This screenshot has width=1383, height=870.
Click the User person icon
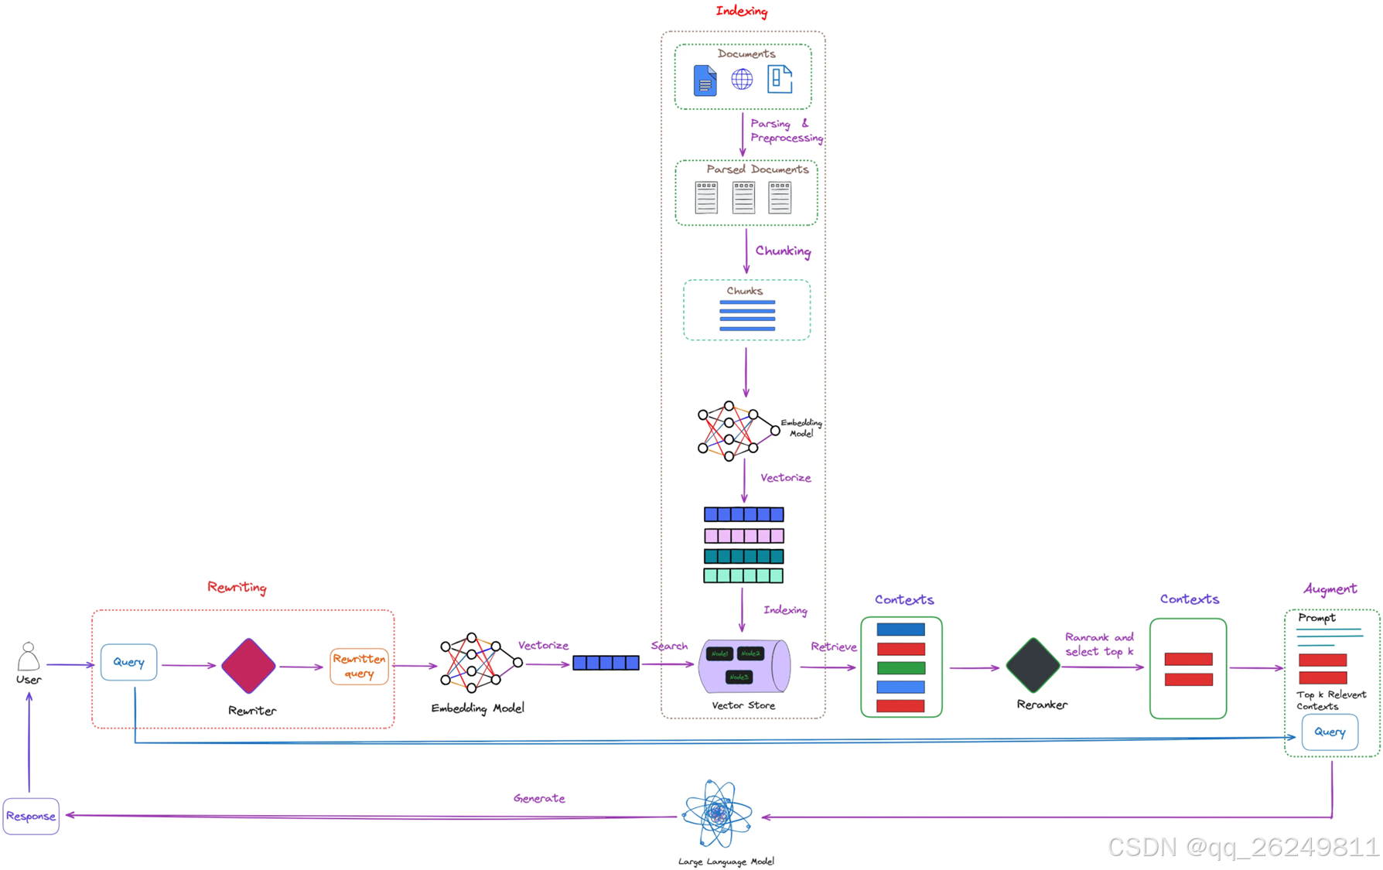[x=29, y=657]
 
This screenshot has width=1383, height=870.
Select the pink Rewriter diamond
[x=248, y=665]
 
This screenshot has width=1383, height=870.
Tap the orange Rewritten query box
[x=359, y=666]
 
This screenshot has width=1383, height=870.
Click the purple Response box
[x=31, y=816]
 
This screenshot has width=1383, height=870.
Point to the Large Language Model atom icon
[x=718, y=814]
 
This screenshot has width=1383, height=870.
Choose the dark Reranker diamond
[x=1033, y=665]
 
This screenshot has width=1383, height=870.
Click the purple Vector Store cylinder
[x=744, y=666]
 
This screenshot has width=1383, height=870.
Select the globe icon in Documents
[x=742, y=79]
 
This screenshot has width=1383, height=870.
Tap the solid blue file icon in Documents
[x=705, y=80]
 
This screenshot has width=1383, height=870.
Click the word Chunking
[x=783, y=251]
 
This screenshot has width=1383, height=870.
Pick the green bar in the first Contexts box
[x=900, y=667]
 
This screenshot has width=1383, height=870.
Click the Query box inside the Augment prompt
[x=1330, y=732]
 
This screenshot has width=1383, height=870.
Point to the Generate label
[x=539, y=798]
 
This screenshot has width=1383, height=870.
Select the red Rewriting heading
[x=237, y=587]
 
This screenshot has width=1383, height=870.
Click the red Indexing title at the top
[x=741, y=11]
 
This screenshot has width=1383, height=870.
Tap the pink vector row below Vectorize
[x=743, y=535]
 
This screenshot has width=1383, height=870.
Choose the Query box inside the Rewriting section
[x=128, y=662]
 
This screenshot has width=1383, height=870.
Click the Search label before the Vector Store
[x=669, y=646]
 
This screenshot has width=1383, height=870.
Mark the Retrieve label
[x=833, y=647]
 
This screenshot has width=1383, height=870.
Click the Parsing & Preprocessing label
[x=785, y=131]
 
